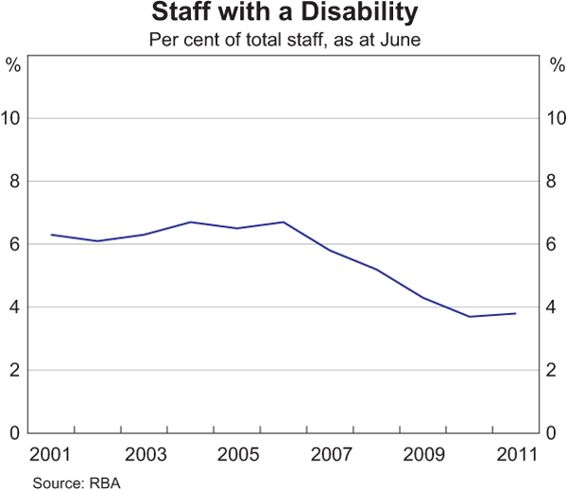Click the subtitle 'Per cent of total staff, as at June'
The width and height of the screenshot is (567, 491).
(x=283, y=41)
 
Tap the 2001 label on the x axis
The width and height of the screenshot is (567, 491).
(x=51, y=453)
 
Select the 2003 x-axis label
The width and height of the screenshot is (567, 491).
(x=144, y=453)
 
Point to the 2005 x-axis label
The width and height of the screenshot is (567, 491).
(x=236, y=453)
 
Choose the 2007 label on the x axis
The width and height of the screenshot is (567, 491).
(x=329, y=453)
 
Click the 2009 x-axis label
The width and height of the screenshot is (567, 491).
(x=421, y=453)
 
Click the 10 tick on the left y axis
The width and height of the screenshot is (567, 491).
(x=12, y=118)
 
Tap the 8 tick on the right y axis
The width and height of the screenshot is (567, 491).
(x=554, y=182)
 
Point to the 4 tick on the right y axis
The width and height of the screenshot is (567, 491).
(x=554, y=307)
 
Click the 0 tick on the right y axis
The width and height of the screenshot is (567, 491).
(x=554, y=433)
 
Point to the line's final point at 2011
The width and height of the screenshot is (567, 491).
(x=514, y=313)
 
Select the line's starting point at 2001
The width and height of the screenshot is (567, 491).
(x=51, y=235)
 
